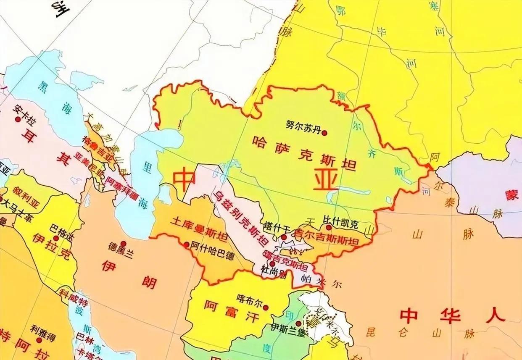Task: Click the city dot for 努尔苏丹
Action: pos(324,132)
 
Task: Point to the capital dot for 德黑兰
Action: pos(123,244)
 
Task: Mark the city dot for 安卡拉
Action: pos(18,119)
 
